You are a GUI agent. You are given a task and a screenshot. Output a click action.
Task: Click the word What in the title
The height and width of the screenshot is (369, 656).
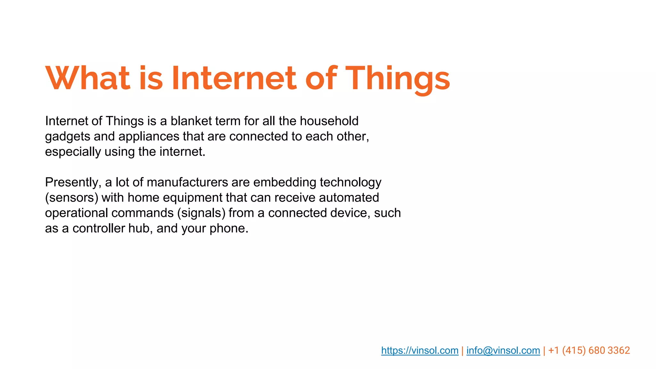tap(87, 78)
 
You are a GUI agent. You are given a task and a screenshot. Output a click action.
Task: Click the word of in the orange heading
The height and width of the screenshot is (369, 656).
tap(321, 78)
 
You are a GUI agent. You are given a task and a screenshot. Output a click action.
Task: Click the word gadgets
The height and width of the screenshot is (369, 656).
tap(68, 137)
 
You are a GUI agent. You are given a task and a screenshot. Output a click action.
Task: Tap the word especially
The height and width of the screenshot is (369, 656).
tap(73, 152)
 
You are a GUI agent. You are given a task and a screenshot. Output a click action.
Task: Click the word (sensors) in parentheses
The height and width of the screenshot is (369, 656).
tap(71, 198)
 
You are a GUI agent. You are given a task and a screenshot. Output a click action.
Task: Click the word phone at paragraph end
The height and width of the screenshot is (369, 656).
tap(228, 228)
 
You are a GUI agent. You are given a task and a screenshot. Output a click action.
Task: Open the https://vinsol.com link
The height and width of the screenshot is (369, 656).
tap(420, 350)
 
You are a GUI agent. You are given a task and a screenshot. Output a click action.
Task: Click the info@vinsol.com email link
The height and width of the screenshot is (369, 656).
tap(503, 350)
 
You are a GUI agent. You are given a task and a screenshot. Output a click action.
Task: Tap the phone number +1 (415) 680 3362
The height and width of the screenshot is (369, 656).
tap(589, 350)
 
